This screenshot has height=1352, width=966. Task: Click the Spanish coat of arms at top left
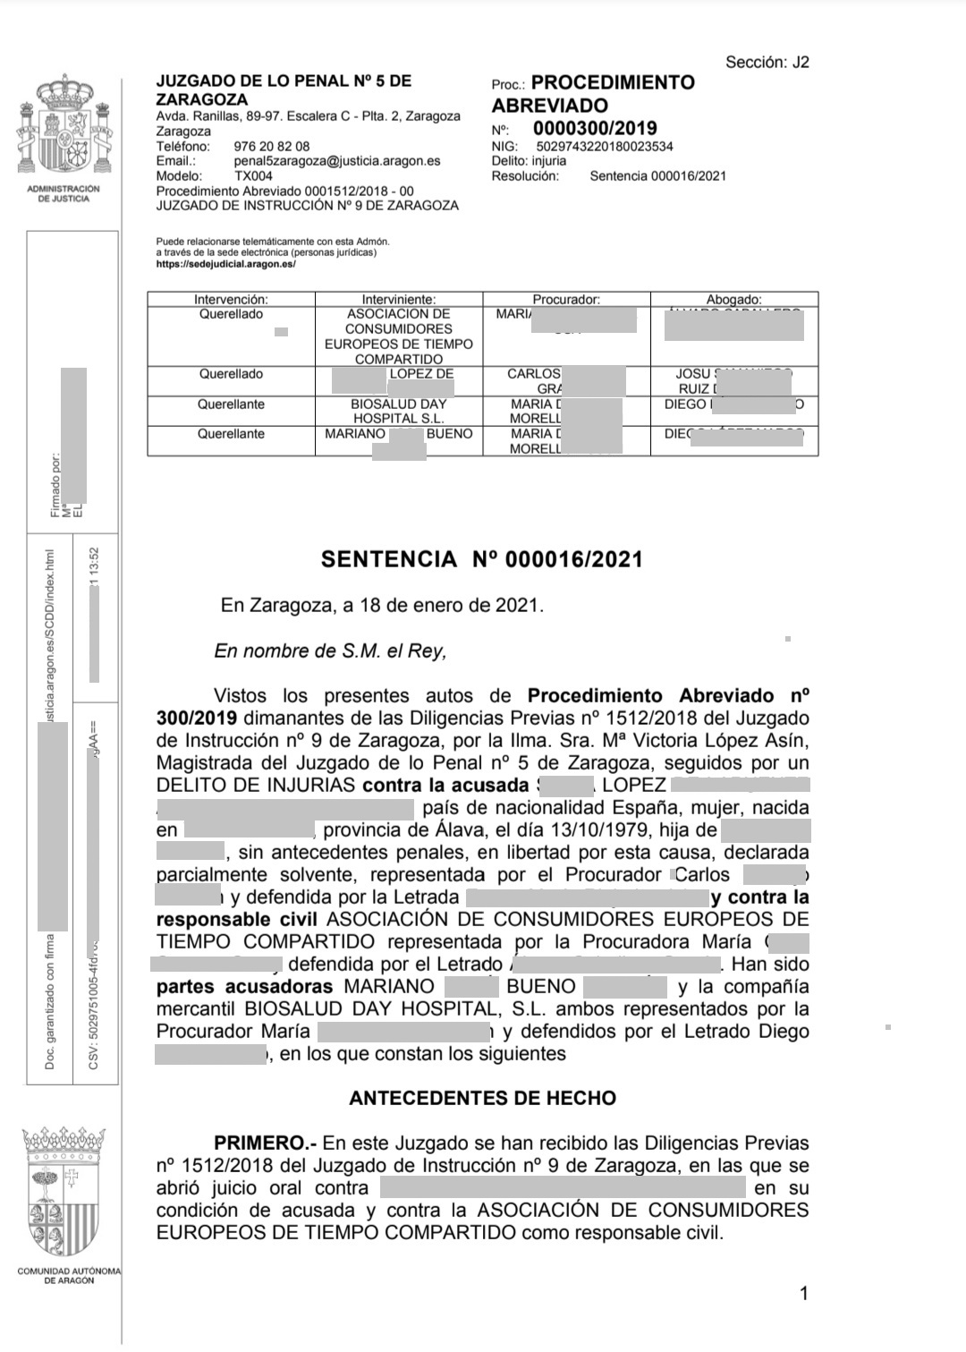[x=63, y=131]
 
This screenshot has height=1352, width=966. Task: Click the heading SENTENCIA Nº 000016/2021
[x=482, y=560]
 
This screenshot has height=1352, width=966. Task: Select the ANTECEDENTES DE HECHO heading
[x=482, y=1098]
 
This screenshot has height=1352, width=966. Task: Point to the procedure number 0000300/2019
[x=595, y=128]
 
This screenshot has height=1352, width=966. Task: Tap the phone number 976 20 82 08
[x=272, y=146]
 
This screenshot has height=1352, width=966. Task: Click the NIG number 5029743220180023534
[x=604, y=146]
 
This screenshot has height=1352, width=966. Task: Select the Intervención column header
[x=231, y=300]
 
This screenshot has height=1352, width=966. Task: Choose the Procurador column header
[x=566, y=300]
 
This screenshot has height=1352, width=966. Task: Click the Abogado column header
[x=733, y=300]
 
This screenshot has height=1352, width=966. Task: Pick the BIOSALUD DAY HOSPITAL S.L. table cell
[x=397, y=412]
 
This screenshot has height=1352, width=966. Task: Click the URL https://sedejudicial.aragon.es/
[x=225, y=264]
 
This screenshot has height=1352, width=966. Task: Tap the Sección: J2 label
[x=767, y=62]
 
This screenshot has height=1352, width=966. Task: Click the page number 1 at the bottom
[x=804, y=1293]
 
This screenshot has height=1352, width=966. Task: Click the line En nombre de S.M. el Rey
[x=330, y=650]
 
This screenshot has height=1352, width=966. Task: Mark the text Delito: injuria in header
[x=529, y=161]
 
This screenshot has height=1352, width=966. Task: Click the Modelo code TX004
[x=253, y=176]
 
